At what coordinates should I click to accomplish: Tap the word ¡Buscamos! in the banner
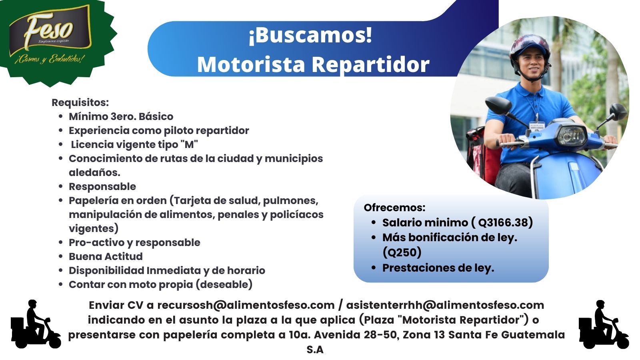pos(310,35)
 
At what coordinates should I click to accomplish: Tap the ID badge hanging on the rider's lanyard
pos(537,126)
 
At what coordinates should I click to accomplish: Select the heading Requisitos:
pos(80,102)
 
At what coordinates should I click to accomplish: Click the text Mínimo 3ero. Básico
pos(121,116)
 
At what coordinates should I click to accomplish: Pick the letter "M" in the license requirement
pos(189,144)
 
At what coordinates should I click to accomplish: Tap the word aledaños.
pos(94,172)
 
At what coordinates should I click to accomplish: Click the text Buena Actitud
pos(106,256)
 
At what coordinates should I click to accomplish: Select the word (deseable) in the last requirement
pos(224,284)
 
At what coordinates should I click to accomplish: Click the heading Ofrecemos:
pos(394,208)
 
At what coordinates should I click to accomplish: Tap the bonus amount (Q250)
pos(402,252)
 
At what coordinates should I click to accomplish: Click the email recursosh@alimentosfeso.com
pos(246,305)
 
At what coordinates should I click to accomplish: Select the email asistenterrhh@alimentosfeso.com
pos(445,305)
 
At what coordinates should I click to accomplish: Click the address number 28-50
pos(382,335)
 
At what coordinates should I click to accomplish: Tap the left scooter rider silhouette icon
pos(36,324)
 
